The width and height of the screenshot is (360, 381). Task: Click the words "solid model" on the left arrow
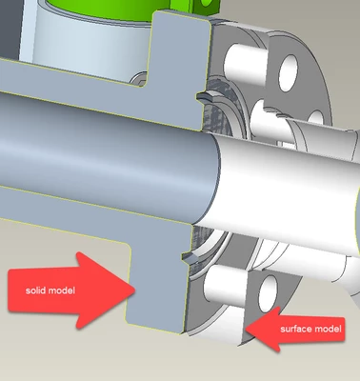(50, 291)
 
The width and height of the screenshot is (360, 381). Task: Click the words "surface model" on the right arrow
(310, 329)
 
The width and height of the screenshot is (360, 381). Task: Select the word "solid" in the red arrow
(34, 291)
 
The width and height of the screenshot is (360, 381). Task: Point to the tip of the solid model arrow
(135, 290)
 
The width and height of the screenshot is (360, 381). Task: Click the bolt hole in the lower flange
(268, 293)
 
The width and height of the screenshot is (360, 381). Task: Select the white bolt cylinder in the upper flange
(245, 64)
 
